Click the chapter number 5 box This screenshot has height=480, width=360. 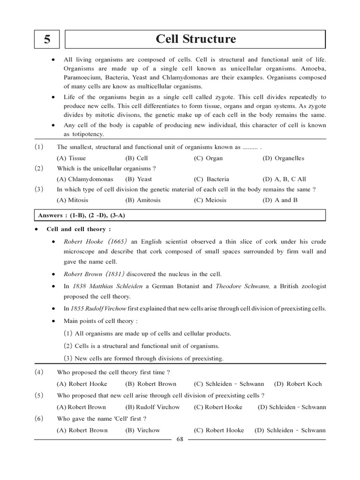[x=46, y=40]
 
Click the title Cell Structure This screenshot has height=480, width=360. [x=195, y=39]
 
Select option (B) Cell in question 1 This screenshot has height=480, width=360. [x=136, y=158]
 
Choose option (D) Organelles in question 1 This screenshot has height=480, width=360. [x=283, y=158]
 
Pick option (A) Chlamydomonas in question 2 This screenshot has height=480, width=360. [x=85, y=179]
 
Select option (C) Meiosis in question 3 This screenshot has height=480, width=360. [x=210, y=200]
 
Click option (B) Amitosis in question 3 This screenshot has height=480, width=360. [x=142, y=200]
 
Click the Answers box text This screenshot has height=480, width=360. [x=82, y=215]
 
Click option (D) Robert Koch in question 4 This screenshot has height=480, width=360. [x=298, y=384]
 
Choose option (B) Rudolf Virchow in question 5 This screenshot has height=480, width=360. [x=152, y=407]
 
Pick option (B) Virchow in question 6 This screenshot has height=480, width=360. [x=142, y=430]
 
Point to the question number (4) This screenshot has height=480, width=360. [x=39, y=372]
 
